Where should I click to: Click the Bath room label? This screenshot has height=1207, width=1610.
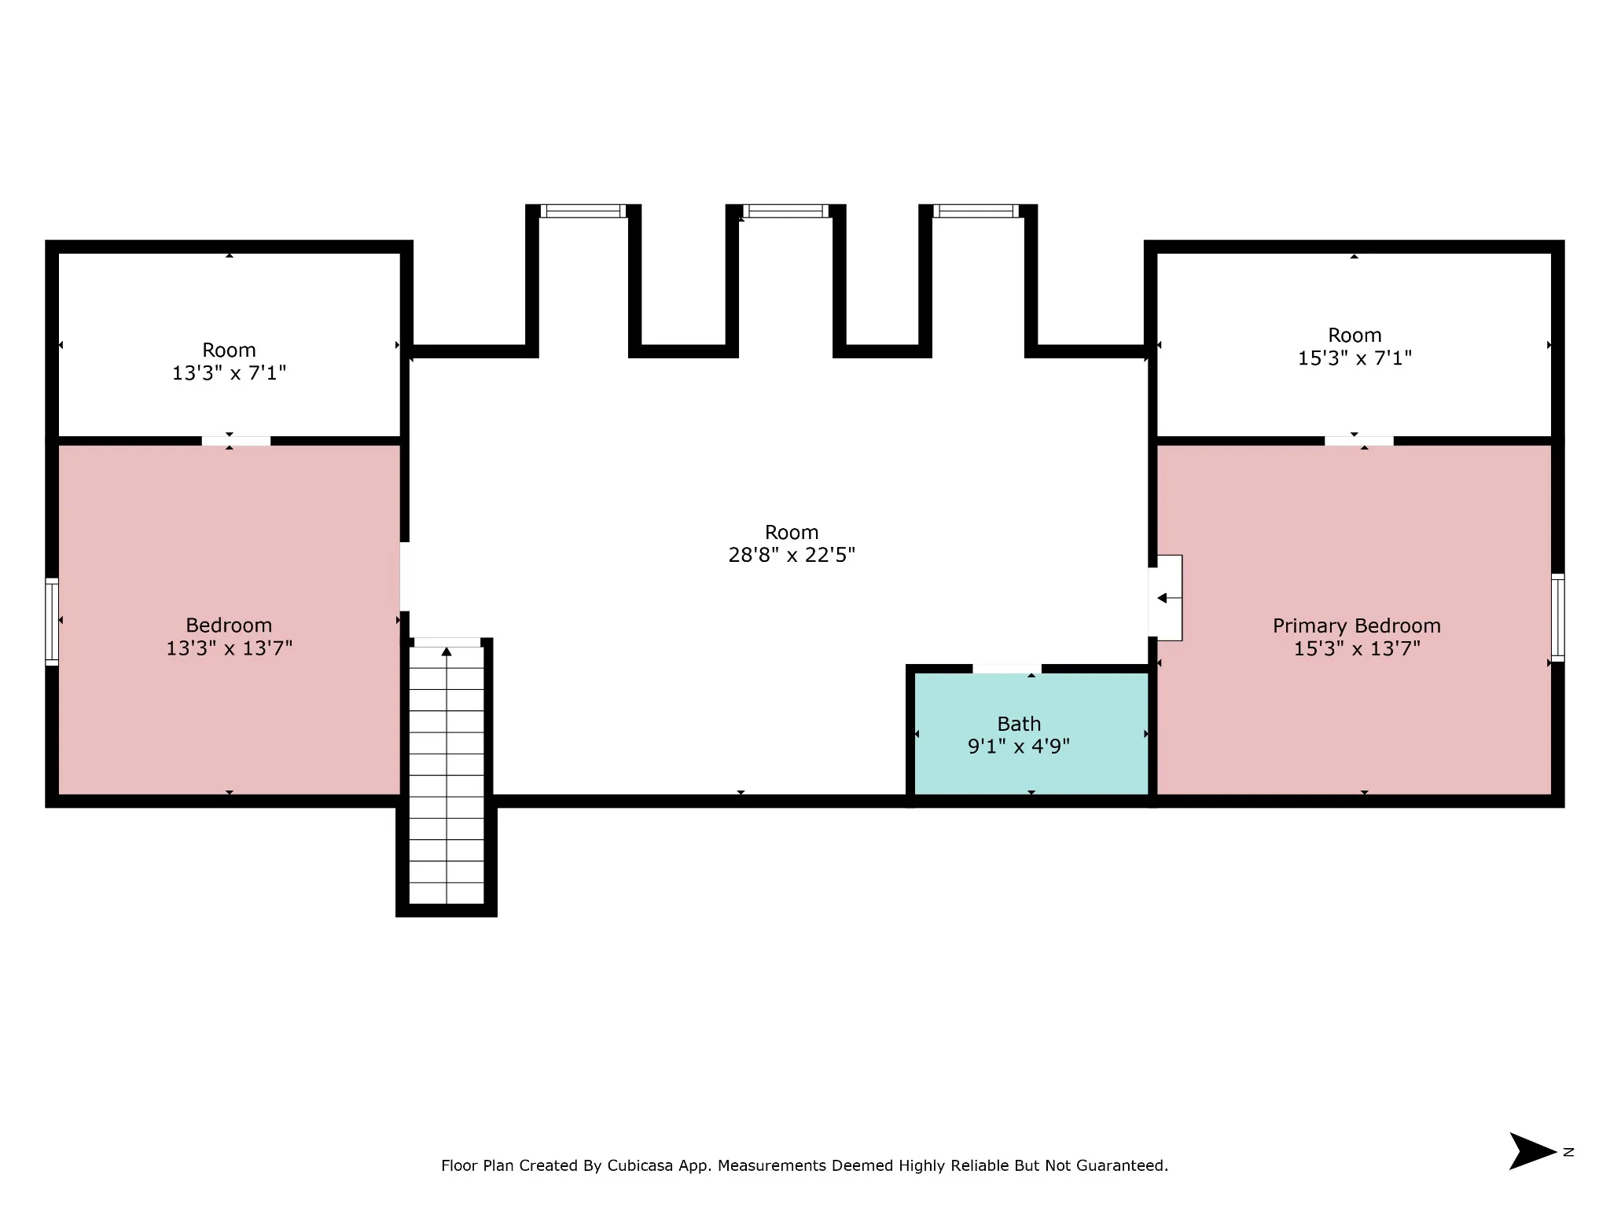pyautogui.click(x=1019, y=724)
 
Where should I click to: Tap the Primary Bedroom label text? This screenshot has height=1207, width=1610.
pyautogui.click(x=1357, y=626)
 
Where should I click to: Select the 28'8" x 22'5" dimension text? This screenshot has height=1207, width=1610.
pyautogui.click(x=792, y=555)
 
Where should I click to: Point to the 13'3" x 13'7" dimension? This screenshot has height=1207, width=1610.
pyautogui.click(x=229, y=648)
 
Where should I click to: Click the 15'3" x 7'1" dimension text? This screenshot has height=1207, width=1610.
pyautogui.click(x=1355, y=358)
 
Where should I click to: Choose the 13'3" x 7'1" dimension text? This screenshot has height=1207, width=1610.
pyautogui.click(x=229, y=373)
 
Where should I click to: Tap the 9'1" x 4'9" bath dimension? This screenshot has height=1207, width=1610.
pyautogui.click(x=1019, y=747)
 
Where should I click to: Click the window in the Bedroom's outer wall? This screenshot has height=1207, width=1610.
pyautogui.click(x=52, y=622)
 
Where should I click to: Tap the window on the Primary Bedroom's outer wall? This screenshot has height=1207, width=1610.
pyautogui.click(x=1557, y=618)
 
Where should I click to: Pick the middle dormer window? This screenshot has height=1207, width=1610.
pyautogui.click(x=786, y=211)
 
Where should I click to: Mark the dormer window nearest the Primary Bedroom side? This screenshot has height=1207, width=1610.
pyautogui.click(x=976, y=211)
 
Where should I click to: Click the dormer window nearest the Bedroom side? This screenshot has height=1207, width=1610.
pyautogui.click(x=583, y=211)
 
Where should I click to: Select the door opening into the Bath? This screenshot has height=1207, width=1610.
pyautogui.click(x=1007, y=669)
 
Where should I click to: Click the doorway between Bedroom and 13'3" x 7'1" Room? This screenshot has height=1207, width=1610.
pyautogui.click(x=236, y=441)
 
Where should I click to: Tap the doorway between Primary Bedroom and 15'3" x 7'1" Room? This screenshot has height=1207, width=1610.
pyautogui.click(x=1359, y=441)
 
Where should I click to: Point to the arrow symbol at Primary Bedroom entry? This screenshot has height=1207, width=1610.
pyautogui.click(x=1169, y=598)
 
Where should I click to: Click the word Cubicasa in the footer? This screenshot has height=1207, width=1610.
pyautogui.click(x=641, y=1165)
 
